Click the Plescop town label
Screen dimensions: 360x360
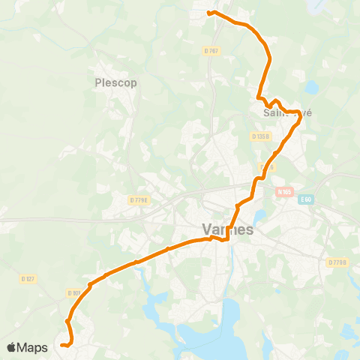click(x=116, y=82)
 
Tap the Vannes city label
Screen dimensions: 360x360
click(x=228, y=230)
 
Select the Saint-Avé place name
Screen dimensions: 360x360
click(x=286, y=112)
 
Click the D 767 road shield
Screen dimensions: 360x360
click(x=211, y=51)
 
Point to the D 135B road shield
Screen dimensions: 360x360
click(x=260, y=136)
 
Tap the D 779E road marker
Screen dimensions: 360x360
click(x=139, y=199)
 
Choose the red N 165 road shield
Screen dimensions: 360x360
click(x=283, y=191)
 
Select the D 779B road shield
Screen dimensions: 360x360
click(x=337, y=262)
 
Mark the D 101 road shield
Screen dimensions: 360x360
click(x=73, y=292)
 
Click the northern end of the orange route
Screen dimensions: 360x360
click(x=208, y=13)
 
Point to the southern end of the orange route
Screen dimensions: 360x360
click(x=63, y=346)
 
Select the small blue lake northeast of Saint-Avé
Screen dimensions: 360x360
click(x=311, y=88)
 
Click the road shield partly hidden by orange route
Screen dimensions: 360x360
click(x=268, y=166)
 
